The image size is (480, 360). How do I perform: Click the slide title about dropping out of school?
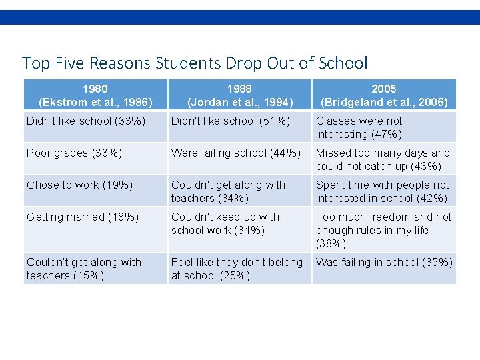tap(194, 63)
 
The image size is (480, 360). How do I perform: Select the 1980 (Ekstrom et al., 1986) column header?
tap(95, 95)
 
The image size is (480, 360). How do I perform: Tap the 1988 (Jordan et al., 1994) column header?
tap(239, 95)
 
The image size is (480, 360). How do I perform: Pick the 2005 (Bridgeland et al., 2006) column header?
tap(384, 95)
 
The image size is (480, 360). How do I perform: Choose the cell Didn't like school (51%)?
tap(231, 121)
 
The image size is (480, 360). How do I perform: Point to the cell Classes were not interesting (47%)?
tap(359, 127)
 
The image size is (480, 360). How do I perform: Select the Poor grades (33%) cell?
tap(74, 153)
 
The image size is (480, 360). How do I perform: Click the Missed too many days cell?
tap(383, 159)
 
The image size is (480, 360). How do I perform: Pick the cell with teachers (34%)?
tap(228, 191)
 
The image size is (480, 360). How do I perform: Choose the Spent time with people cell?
tap(383, 191)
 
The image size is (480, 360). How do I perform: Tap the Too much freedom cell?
tap(383, 230)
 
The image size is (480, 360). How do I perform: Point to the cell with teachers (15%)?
tap(84, 269)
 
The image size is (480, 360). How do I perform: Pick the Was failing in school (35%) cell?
tap(384, 263)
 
